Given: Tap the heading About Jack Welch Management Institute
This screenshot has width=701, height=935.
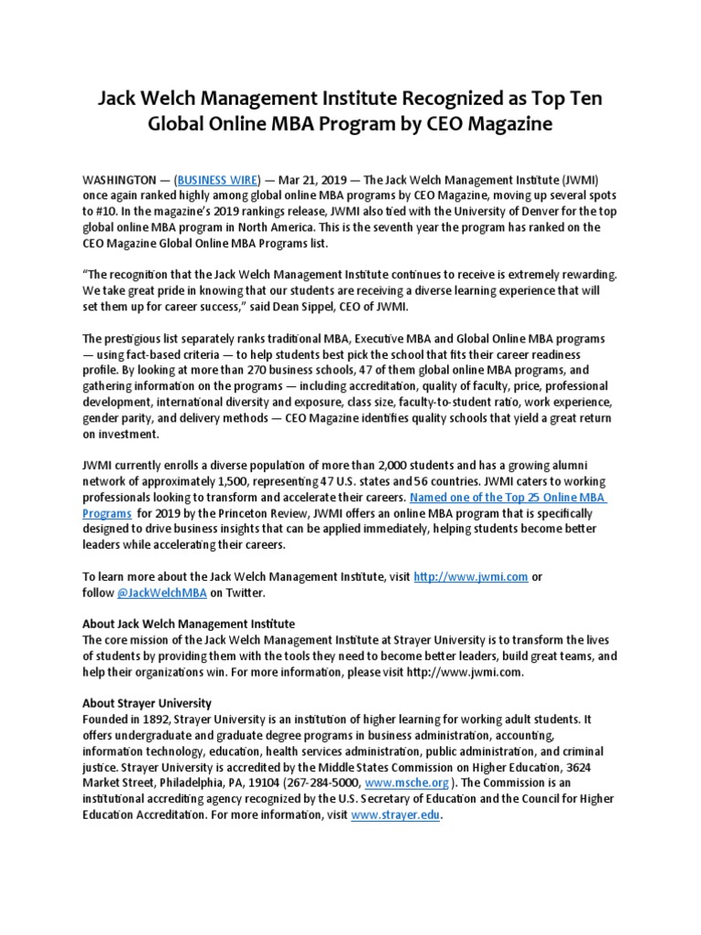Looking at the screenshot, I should click(189, 624).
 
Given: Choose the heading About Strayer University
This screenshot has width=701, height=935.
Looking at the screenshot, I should click(147, 703).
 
